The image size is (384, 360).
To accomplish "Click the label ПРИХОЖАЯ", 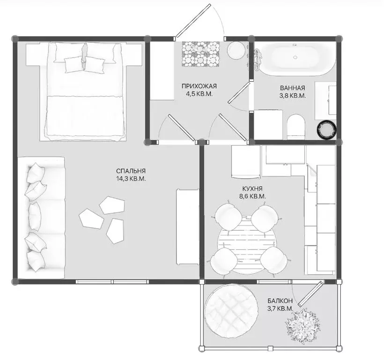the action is pos(199,86).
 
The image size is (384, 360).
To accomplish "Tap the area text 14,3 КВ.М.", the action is pos(131,179).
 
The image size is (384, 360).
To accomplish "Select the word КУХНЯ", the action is pos(252,188).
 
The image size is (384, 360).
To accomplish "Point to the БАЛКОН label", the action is pos(280,300).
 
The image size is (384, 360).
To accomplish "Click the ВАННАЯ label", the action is pos(292,88).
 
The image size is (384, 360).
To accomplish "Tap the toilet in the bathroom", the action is pos(296,127).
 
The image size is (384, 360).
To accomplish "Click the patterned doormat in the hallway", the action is pos(201,54).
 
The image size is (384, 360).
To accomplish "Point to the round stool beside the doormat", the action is pos(236,50).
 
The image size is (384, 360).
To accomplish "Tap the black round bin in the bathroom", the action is pos(326,129).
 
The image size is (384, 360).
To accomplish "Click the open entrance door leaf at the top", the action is pos(193,20).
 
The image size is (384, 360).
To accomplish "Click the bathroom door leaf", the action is pos(239,93).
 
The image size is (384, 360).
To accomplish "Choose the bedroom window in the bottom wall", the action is pos(112,282).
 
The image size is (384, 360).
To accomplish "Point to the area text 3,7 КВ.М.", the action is pos(280,308).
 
